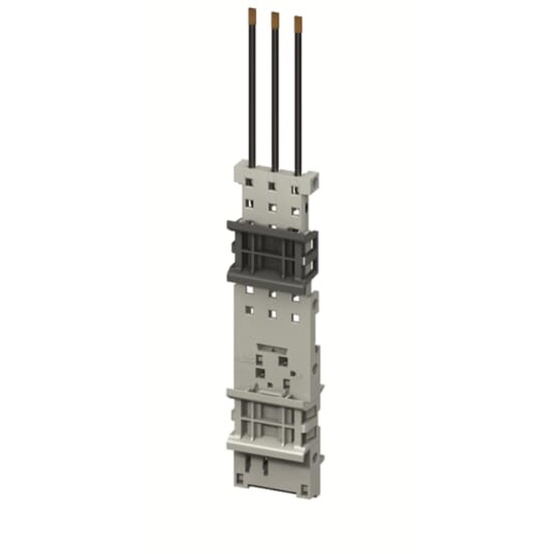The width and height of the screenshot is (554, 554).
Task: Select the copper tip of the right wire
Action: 298,23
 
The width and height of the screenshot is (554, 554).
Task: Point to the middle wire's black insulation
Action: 275,94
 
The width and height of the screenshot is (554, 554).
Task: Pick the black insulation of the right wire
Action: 298,100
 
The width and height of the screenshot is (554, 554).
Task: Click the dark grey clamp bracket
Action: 271,252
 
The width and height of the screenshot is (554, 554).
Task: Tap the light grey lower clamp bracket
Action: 271,421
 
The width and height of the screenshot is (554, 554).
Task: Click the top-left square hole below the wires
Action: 249,182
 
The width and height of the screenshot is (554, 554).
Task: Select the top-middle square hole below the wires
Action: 272,186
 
